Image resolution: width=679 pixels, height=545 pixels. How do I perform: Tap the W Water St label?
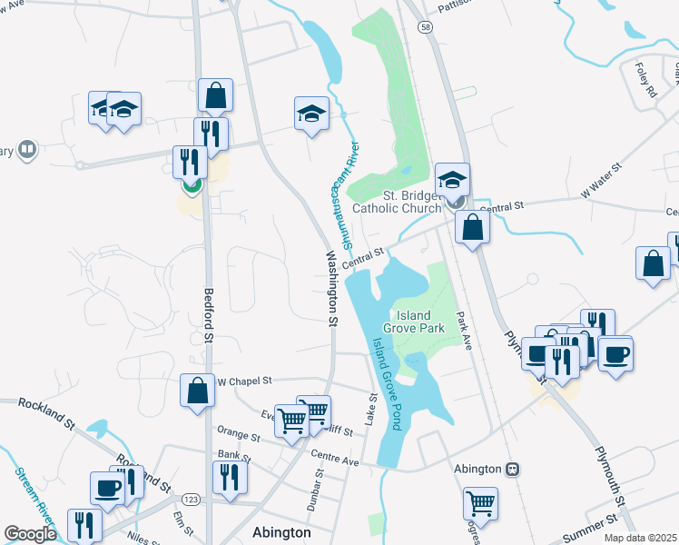pos(600,180)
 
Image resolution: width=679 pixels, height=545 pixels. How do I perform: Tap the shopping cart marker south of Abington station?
pos(480,502)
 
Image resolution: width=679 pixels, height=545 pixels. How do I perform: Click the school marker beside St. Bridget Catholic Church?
pos(452,179)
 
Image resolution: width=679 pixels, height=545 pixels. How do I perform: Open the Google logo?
pos(31,534)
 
